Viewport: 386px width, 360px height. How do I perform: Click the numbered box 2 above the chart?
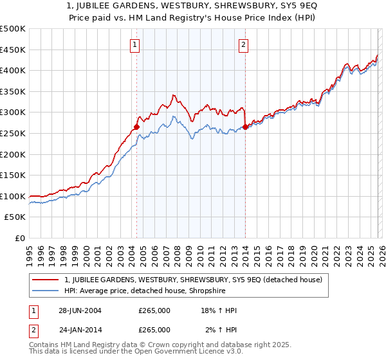point(244,45)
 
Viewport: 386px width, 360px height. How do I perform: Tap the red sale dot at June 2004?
point(136,127)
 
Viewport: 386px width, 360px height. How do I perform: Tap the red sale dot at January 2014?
point(245,127)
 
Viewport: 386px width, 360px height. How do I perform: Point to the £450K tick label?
point(14,50)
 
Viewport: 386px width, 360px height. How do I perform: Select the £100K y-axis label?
point(14,196)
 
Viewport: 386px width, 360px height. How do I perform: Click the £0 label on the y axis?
point(21,238)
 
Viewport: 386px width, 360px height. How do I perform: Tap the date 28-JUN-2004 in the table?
point(80,310)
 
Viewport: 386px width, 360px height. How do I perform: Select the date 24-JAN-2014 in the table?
point(80,329)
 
